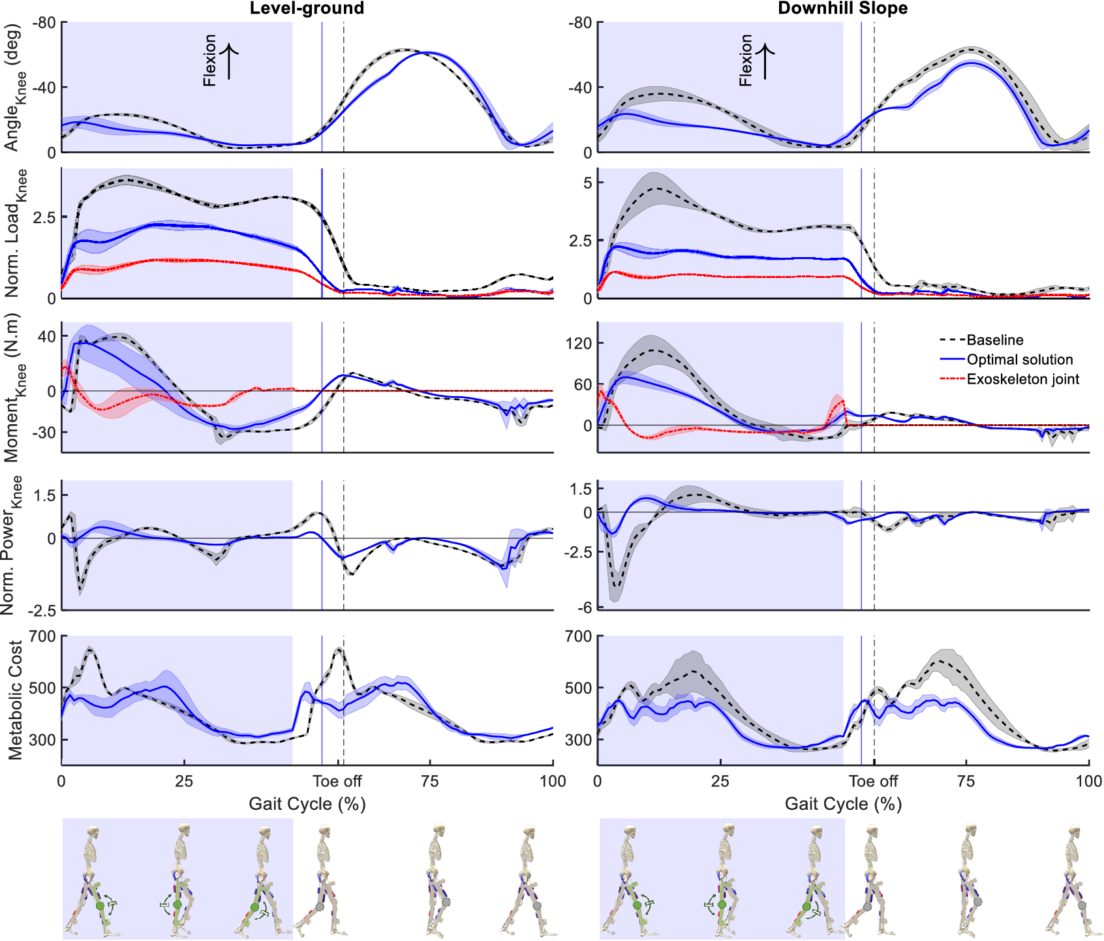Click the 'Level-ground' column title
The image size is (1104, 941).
307,8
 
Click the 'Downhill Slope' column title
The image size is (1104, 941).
842,8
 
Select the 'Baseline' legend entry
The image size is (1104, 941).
994,340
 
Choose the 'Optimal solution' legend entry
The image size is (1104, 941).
1019,360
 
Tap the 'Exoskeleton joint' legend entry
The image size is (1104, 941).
1022,379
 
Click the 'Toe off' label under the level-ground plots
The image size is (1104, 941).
337,781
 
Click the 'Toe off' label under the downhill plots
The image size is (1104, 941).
873,781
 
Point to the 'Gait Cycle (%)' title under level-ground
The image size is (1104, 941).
307,804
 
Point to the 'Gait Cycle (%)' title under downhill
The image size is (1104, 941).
843,804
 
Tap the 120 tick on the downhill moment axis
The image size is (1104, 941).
579,343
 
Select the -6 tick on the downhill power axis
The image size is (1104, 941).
585,608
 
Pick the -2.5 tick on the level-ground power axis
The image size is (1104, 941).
42,611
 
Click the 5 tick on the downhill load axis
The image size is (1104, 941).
589,183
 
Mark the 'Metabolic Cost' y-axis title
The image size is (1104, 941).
15,700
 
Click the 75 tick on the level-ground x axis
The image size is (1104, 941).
430,781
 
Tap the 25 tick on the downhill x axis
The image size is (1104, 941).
720,781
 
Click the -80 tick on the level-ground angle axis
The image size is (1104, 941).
44,23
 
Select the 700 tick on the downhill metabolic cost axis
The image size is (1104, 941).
579,636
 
